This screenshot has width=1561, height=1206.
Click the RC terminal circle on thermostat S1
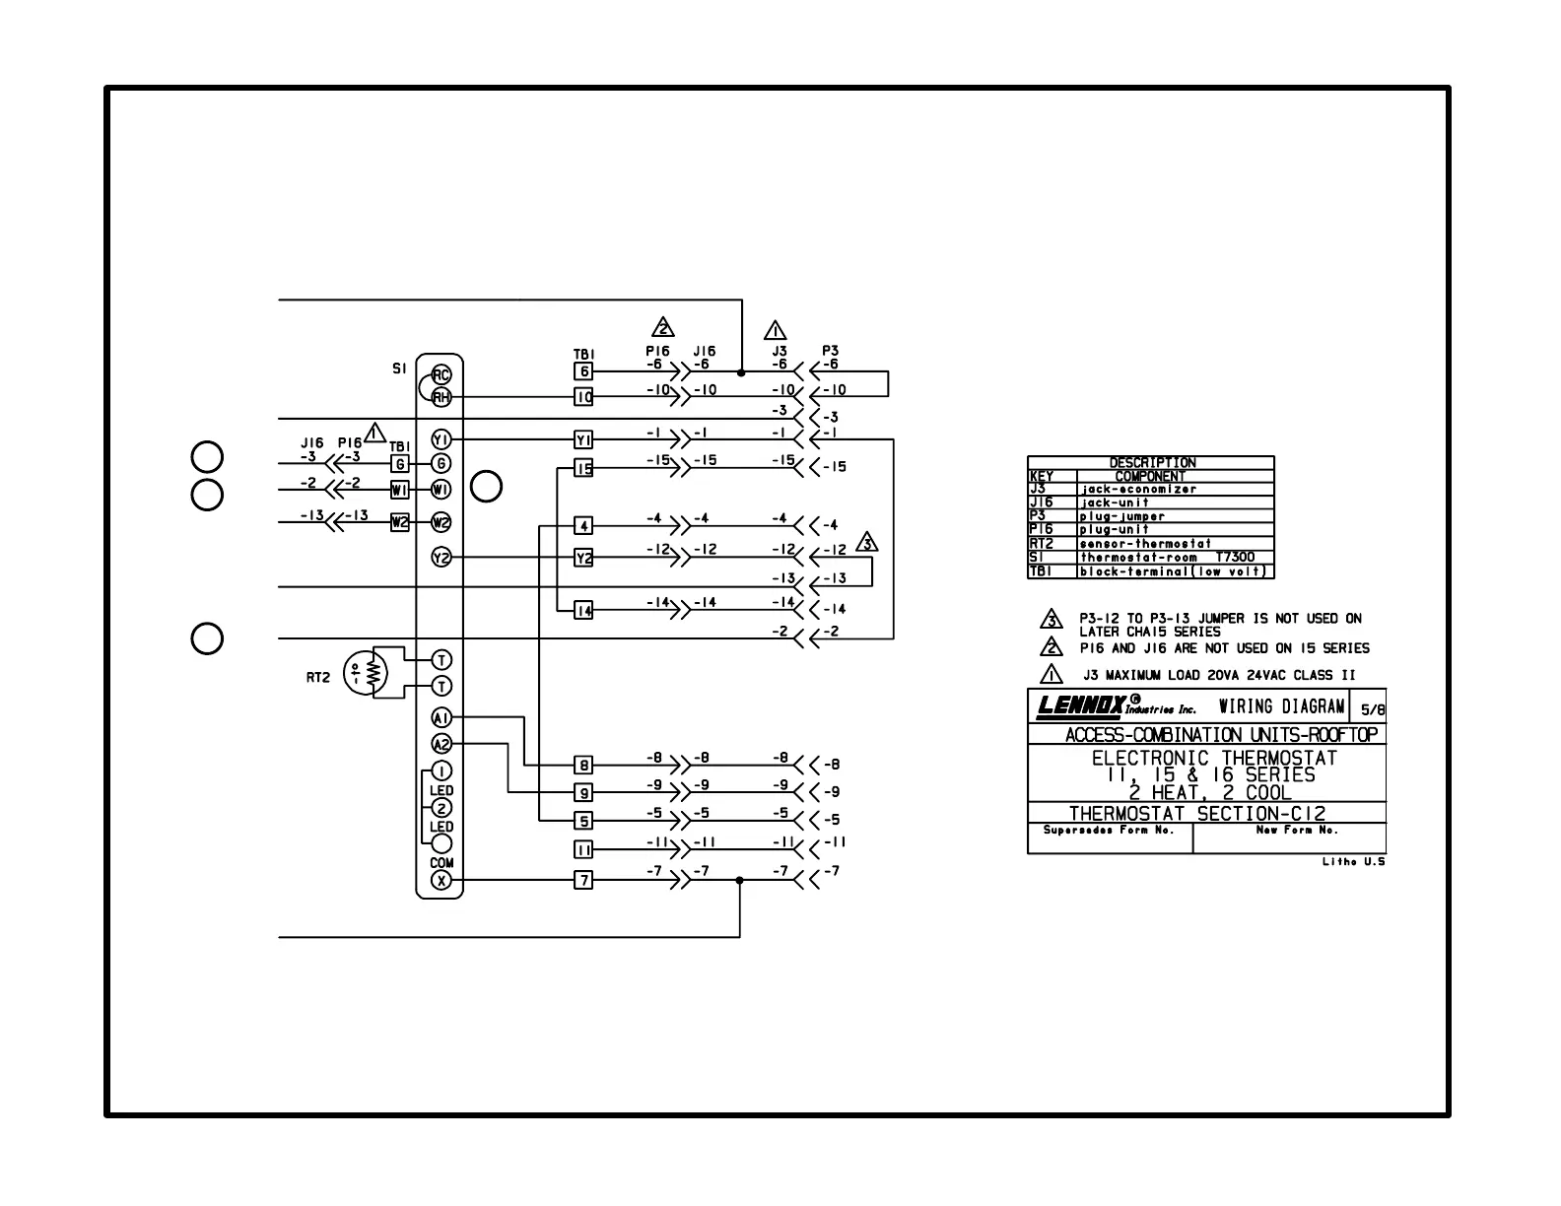pyautogui.click(x=441, y=374)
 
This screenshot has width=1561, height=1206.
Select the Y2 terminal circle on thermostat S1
pyautogui.click(x=441, y=559)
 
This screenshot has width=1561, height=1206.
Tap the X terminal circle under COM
pyautogui.click(x=441, y=881)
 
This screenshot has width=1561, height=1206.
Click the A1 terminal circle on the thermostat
pyautogui.click(x=441, y=718)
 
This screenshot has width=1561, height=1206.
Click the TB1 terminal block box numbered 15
pyautogui.click(x=584, y=469)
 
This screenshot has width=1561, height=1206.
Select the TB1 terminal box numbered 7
pyautogui.click(x=584, y=881)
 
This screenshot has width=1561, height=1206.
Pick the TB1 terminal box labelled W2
pyautogui.click(x=399, y=522)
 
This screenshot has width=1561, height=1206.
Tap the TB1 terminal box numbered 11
pyautogui.click(x=584, y=849)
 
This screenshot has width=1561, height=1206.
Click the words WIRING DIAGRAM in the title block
pyautogui.click(x=1281, y=706)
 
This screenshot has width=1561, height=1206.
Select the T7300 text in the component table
pyautogui.click(x=1235, y=558)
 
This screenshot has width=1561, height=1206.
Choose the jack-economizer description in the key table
pyautogui.click(x=1138, y=489)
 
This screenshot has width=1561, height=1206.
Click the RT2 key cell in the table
pyautogui.click(x=1042, y=544)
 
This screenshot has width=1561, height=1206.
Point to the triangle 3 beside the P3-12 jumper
pyautogui.click(x=867, y=543)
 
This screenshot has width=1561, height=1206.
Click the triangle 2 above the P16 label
pyautogui.click(x=662, y=328)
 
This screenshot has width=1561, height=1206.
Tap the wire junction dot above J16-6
pyautogui.click(x=740, y=372)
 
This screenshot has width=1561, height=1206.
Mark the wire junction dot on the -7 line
pyautogui.click(x=740, y=881)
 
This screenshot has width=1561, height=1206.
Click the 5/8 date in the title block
pyautogui.click(x=1372, y=709)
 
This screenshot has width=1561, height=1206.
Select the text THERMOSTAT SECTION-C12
pyautogui.click(x=1197, y=814)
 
